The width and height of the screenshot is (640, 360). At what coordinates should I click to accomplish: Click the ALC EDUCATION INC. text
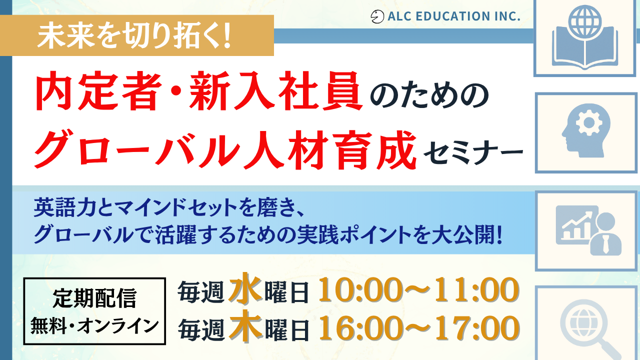(x=453, y=16)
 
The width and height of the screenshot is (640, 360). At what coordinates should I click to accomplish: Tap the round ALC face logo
(x=377, y=16)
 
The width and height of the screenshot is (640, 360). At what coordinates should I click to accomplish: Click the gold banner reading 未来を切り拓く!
(x=137, y=35)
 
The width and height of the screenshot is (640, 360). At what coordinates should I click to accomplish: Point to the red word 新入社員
(x=275, y=91)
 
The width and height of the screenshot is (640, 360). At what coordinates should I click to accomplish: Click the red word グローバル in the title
(x=137, y=149)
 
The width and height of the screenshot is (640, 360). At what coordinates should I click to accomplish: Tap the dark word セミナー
(x=473, y=152)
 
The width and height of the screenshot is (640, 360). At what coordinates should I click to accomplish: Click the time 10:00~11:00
(x=418, y=290)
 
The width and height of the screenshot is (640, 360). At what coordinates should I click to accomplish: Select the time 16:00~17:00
(x=418, y=328)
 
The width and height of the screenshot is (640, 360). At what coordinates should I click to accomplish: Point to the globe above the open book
(x=585, y=21)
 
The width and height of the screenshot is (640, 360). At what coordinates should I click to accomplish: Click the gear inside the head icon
(x=589, y=123)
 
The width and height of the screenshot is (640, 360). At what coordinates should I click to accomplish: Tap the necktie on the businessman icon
(x=605, y=244)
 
